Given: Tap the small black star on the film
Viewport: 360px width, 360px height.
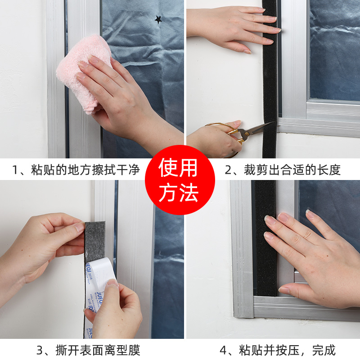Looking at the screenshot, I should (x=158, y=19).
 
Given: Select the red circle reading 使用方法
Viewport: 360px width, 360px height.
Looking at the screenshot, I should (x=180, y=180).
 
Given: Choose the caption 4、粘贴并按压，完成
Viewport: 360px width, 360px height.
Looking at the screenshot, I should (x=277, y=350).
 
